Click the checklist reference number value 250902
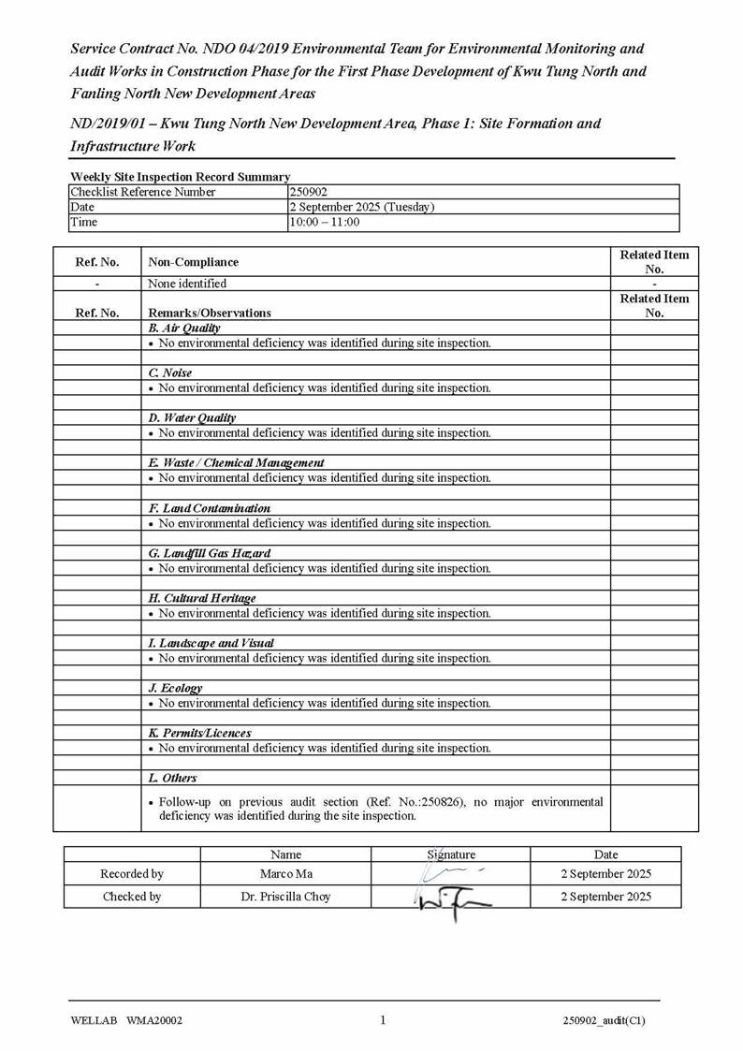308,192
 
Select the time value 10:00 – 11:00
324,222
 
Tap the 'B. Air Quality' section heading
184,328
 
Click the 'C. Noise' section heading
170,373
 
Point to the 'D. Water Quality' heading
192,418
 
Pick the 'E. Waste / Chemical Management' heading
236,463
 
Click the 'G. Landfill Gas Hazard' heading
209,553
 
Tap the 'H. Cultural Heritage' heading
201,598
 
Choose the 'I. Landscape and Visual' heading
211,643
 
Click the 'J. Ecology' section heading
175,688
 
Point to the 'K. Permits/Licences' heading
199,733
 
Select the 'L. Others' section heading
172,778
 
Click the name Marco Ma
285,874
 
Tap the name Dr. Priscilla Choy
285,897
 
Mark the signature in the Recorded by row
449,873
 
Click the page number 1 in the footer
383,1020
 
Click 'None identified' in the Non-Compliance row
187,284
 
